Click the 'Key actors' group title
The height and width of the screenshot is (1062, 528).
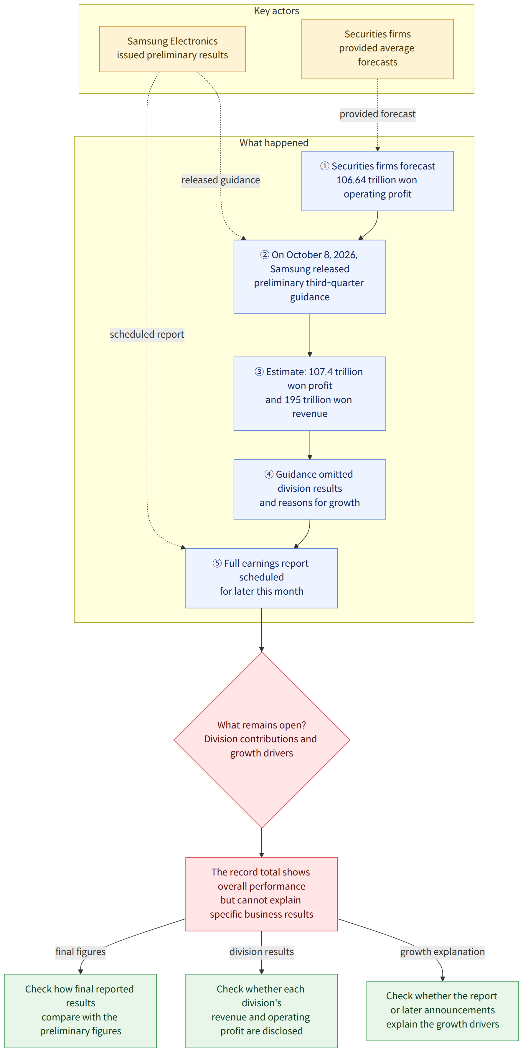(276, 11)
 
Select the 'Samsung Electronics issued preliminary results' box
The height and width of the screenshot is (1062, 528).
(172, 49)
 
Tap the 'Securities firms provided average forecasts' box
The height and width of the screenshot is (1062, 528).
(377, 49)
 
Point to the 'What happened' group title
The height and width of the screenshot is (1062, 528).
(274, 143)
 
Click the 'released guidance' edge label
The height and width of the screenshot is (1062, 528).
(220, 180)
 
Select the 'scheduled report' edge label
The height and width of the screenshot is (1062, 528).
(147, 334)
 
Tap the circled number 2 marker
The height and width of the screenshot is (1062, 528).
(265, 255)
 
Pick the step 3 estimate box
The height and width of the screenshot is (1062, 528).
(310, 393)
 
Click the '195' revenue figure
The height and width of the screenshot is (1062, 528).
(293, 400)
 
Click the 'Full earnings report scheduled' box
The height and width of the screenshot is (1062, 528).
(261, 578)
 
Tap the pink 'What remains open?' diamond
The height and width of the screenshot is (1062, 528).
(261, 740)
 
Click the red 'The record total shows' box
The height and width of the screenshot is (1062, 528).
(261, 894)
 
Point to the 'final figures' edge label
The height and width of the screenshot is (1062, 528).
(80, 951)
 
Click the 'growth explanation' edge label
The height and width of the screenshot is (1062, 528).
(442, 951)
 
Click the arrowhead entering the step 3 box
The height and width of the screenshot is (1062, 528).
(310, 354)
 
